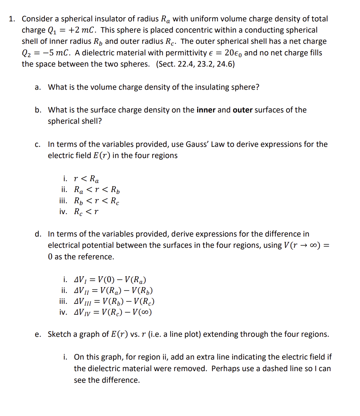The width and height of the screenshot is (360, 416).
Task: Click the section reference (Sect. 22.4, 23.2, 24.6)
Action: [x=195, y=64]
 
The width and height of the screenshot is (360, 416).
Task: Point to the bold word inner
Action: [x=206, y=110]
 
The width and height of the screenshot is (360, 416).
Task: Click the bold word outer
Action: [x=242, y=110]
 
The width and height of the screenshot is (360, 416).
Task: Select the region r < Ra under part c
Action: [x=86, y=179]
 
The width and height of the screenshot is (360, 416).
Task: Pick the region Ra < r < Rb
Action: [x=98, y=190]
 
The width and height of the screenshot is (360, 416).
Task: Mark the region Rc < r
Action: [x=86, y=212]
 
